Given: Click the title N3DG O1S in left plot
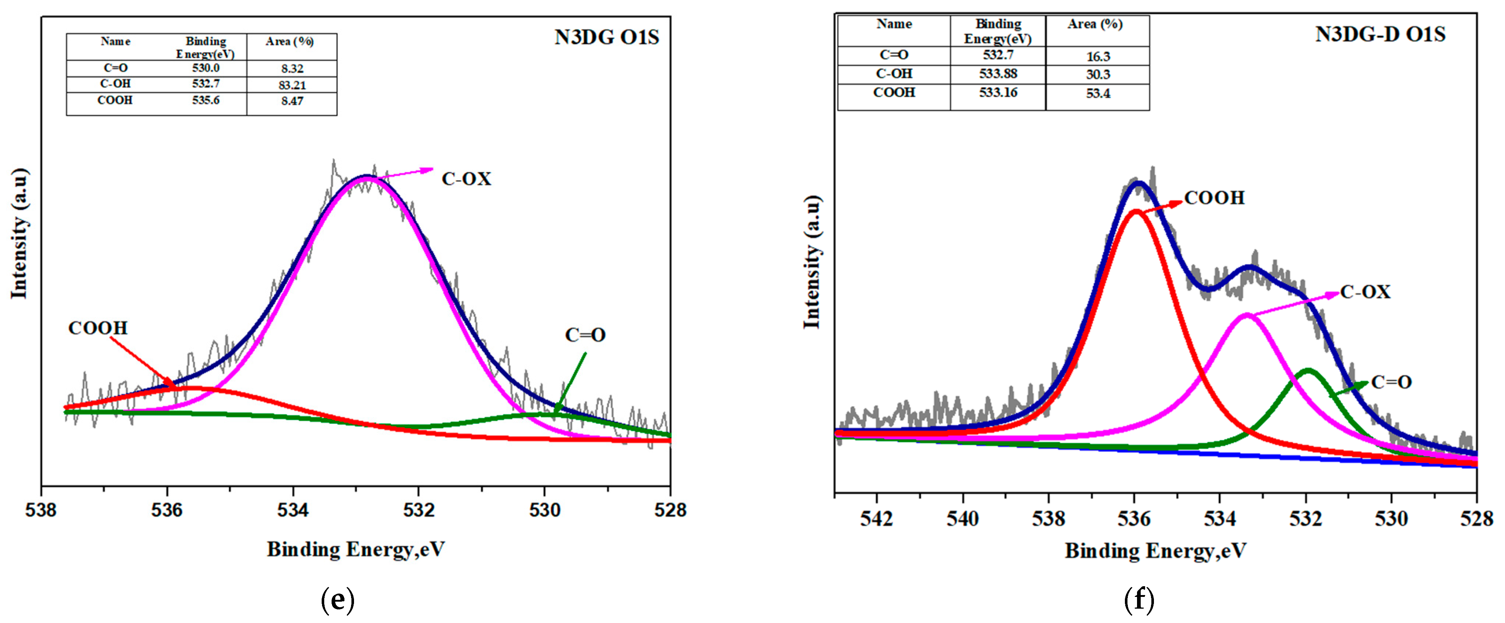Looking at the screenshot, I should [x=607, y=38].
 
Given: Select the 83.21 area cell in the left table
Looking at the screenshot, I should [x=292, y=85].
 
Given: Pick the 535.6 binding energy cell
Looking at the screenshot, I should [x=205, y=100].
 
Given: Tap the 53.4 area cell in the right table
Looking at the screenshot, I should [x=1098, y=93].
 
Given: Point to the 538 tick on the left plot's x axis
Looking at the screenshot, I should [x=41, y=510].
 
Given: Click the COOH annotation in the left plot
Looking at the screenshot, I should [x=97, y=328].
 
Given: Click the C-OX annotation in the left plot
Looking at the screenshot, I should [x=466, y=179].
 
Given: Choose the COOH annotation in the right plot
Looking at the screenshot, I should [x=1214, y=198].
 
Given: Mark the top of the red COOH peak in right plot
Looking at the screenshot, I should [x=1136, y=211].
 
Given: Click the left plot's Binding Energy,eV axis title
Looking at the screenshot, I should [x=356, y=549].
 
